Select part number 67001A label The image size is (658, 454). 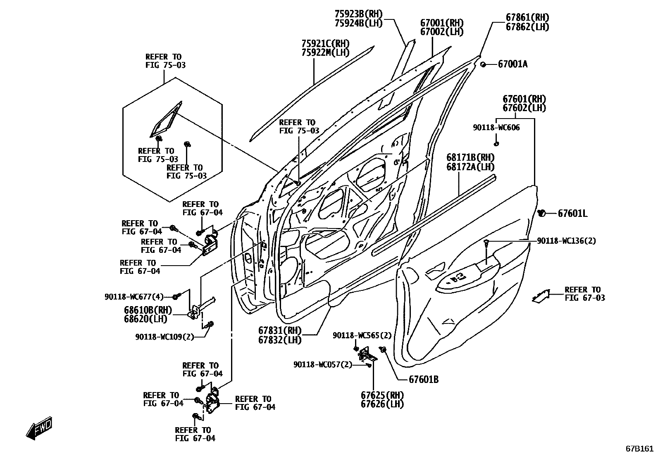coord(513,64)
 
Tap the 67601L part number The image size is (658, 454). coord(572,214)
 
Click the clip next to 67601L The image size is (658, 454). coord(541,213)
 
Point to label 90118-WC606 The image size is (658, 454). coord(496,128)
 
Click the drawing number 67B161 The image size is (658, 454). coord(639,448)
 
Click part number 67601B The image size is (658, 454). coord(424,379)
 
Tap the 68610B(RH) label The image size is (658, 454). coord(148,310)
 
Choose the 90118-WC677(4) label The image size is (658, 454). coord(134,297)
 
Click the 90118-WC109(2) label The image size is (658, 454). coord(164,337)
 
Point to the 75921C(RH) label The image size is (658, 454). coord(325,43)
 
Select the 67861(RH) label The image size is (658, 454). coord(527,17)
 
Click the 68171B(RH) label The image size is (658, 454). coord(470,157)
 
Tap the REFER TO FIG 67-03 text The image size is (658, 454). coord(584,294)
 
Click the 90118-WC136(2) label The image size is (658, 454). coord(566,241)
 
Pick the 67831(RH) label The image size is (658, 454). coord(280,331)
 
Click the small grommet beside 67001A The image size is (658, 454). coord(483,64)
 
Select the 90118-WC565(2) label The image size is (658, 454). coord(362,335)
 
